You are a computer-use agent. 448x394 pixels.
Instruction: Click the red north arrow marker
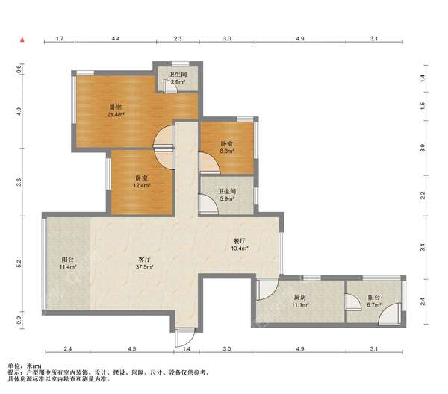pyautogui.click(x=22, y=40)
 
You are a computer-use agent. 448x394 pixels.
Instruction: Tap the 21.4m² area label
pyautogui.click(x=116, y=115)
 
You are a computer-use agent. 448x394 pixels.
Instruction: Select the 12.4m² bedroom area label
pyautogui.click(x=142, y=185)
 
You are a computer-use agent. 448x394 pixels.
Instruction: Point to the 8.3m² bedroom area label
pyautogui.click(x=227, y=151)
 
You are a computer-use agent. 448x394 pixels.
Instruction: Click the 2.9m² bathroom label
pyautogui.click(x=178, y=82)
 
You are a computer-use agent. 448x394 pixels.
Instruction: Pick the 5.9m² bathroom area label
pyautogui.click(x=227, y=198)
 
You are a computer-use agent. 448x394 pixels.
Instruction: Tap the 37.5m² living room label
pyautogui.click(x=145, y=267)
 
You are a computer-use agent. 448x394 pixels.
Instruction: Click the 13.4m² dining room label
pyautogui.click(x=240, y=248)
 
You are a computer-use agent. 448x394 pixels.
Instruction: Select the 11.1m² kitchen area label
pyautogui.click(x=300, y=305)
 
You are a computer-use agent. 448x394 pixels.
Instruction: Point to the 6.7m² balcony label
pyautogui.click(x=374, y=305)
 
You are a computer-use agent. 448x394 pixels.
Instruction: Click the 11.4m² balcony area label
pyautogui.click(x=68, y=267)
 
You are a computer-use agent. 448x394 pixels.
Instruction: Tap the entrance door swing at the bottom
pyautogui.click(x=185, y=338)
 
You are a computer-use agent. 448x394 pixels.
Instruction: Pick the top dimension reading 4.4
pyautogui.click(x=116, y=38)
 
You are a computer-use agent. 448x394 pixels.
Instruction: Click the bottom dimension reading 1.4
pyautogui.click(x=187, y=348)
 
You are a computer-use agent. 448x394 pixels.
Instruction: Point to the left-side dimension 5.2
pyautogui.click(x=19, y=263)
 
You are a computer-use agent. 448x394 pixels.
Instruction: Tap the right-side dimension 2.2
pyautogui.click(x=423, y=196)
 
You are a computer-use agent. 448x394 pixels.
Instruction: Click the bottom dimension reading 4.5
pyautogui.click(x=132, y=348)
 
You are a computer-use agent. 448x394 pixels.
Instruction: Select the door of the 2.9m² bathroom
pyautogui.click(x=171, y=87)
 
